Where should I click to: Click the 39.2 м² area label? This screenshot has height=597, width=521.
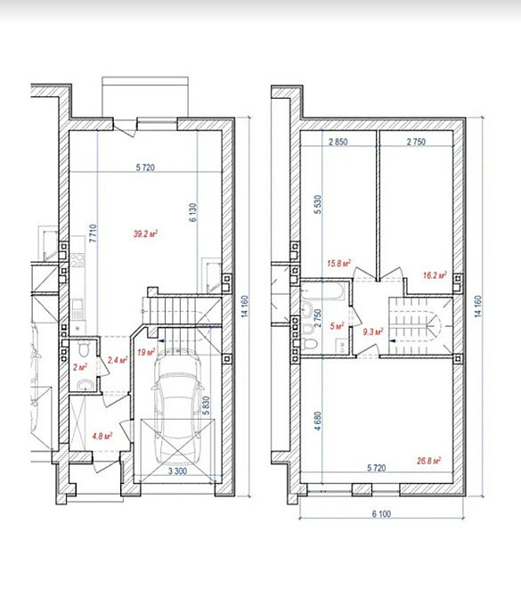tap(145, 233)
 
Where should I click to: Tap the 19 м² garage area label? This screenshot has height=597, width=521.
tap(146, 352)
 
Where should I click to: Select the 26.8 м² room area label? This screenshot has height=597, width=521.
tap(428, 461)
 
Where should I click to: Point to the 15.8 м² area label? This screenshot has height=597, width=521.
tap(338, 263)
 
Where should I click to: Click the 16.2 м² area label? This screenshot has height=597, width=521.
tap(435, 275)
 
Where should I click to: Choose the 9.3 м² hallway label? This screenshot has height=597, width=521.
tap(372, 332)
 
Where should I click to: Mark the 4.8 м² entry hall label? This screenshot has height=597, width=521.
tap(102, 436)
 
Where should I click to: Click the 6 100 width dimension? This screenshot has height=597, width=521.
tap(381, 514)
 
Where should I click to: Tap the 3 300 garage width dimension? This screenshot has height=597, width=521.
tap(177, 471)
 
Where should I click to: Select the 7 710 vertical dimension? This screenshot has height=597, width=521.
tap(94, 233)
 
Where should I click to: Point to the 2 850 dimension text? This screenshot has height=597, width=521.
tap(338, 142)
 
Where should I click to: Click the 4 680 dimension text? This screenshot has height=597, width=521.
tap(318, 421)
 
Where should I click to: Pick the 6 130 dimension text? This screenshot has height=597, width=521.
tap(193, 212)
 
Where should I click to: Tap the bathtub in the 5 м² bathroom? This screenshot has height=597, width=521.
tap(323, 291)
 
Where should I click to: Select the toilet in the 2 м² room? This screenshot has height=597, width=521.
tap(84, 348)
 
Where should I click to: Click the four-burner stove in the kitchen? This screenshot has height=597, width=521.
tap(77, 260)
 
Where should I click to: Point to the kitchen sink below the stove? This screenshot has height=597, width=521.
tap(77, 305)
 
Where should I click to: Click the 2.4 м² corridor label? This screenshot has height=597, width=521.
tap(118, 360)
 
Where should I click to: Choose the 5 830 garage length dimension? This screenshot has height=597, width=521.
tap(206, 405)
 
